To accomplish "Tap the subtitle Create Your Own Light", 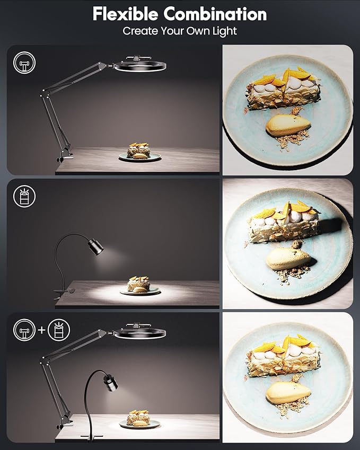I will (x=180, y=31).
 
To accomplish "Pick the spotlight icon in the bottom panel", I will (x=58, y=331).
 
